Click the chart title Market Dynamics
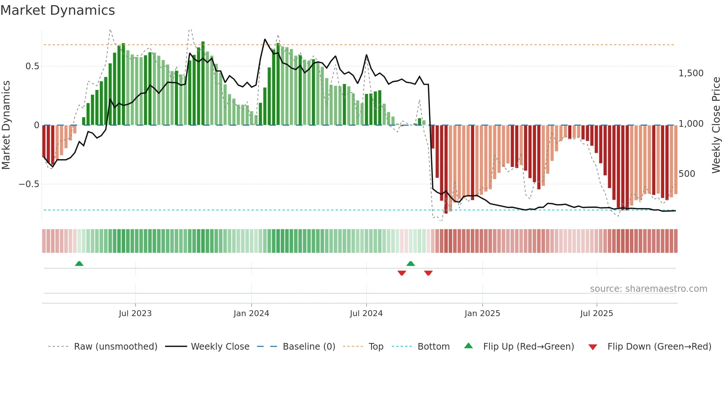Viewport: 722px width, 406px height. [x=57, y=10]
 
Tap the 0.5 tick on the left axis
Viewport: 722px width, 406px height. [x=32, y=66]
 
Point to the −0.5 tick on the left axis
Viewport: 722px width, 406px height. [x=29, y=184]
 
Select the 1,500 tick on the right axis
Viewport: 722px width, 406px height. [x=691, y=73]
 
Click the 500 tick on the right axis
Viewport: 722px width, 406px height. [x=687, y=174]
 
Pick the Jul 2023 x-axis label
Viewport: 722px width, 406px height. [x=135, y=313]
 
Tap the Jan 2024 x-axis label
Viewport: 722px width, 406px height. [x=251, y=313]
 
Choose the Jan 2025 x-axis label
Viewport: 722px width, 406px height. [x=482, y=313]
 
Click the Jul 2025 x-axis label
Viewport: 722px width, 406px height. [x=596, y=313]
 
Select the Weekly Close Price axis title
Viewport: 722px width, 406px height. [x=716, y=125]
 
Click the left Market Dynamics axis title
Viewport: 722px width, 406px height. [x=6, y=125]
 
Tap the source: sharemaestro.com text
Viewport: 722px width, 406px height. [x=648, y=288]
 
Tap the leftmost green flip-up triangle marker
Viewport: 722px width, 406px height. [x=79, y=263]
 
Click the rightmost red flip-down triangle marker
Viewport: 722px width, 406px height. [x=428, y=273]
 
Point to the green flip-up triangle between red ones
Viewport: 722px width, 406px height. [x=411, y=263]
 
